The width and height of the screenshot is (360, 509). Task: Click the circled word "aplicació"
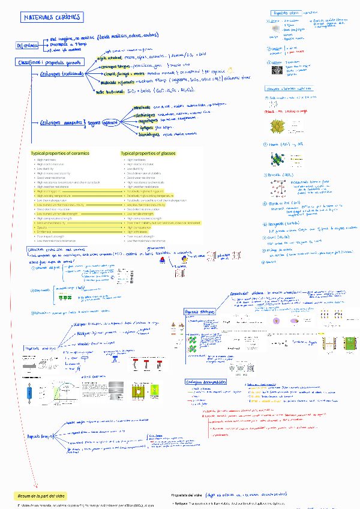tap(111, 123)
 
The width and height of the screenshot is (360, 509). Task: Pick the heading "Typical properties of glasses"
tap(148, 153)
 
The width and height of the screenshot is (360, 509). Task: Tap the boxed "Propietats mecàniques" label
tap(41, 348)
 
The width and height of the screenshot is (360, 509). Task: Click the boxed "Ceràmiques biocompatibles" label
tap(206, 382)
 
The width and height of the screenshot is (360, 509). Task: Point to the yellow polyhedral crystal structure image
tap(279, 127)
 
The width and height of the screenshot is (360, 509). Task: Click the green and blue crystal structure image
tap(278, 160)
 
